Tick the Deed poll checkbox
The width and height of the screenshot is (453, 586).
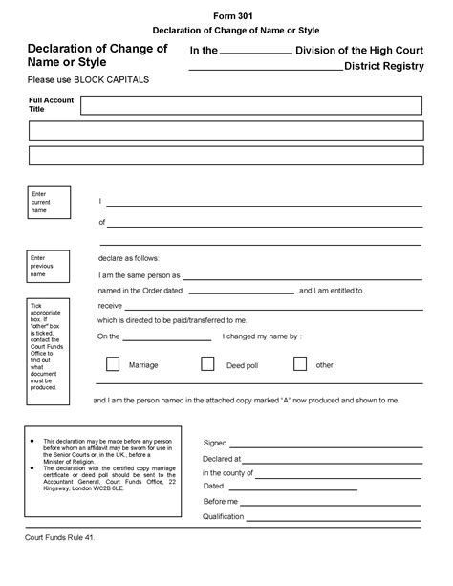206,364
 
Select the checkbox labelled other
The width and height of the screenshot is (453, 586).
299,363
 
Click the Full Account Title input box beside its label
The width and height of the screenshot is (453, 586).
250,105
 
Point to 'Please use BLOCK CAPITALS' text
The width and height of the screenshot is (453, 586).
88,79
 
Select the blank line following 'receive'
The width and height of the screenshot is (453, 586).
268,307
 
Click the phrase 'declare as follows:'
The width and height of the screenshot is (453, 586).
129,258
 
